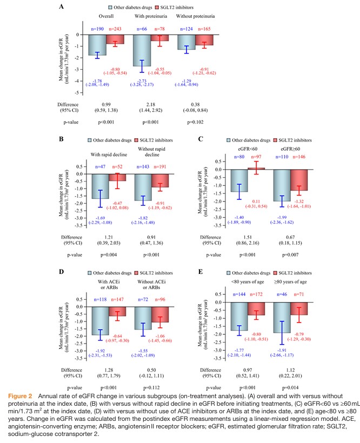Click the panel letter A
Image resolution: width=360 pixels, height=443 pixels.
tap(61, 6)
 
